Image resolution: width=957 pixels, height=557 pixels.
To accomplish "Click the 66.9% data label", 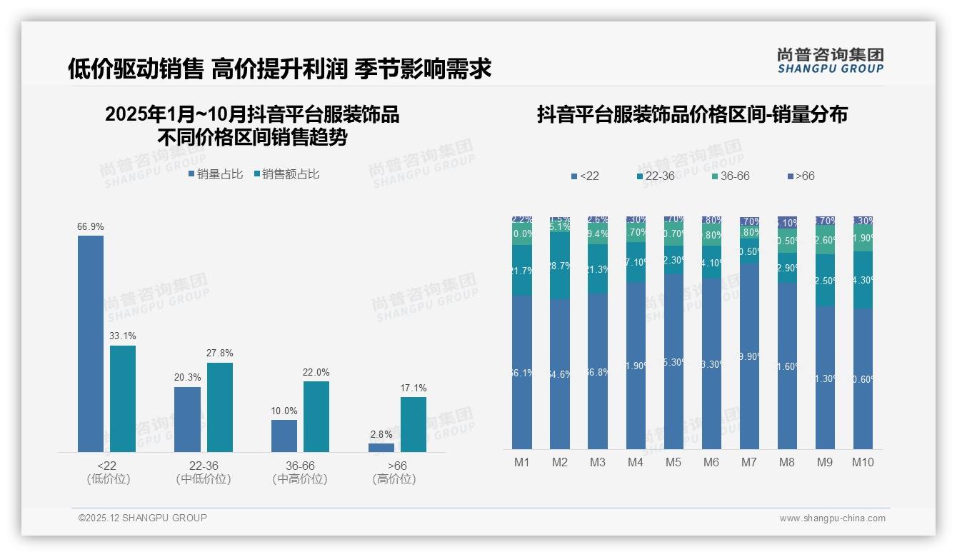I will (91, 227).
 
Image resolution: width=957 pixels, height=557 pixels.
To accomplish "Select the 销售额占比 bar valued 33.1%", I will (123, 398).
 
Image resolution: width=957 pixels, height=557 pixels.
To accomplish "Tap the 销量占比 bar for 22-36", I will (187, 419).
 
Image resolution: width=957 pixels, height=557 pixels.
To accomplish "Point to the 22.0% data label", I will (316, 373).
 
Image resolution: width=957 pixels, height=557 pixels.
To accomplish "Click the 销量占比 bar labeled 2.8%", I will (381, 448).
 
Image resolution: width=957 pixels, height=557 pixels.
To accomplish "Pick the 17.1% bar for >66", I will (414, 424).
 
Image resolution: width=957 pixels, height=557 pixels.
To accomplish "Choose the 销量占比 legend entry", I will (216, 174).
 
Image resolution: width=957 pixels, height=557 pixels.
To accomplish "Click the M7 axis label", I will (748, 463).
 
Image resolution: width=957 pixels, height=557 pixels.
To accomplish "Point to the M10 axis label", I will (863, 463).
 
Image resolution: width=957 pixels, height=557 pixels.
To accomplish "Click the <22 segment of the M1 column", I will (522, 372).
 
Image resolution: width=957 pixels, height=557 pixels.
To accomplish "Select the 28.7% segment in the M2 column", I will (560, 265).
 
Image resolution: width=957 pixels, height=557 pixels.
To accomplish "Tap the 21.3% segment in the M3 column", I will (598, 269).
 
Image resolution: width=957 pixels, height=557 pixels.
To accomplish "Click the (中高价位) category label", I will (300, 479).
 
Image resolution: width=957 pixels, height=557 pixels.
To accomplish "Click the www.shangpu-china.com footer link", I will (832, 518).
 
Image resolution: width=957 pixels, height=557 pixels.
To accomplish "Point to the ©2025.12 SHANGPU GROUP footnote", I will (143, 518).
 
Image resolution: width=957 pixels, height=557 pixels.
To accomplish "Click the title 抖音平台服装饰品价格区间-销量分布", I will (692, 114).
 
